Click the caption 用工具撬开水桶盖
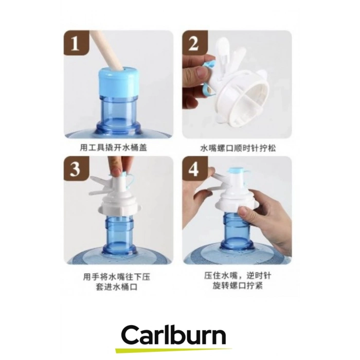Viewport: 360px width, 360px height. pos(114,147)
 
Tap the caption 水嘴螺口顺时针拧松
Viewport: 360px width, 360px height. pos(238,148)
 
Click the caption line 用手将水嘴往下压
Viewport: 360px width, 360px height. pos(117,277)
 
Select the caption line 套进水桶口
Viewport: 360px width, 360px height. pos(117,287)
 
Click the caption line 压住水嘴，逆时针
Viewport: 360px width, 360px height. pos(238,275)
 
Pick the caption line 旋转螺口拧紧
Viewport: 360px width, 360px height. pos(238,285)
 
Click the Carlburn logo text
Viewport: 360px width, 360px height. pos(174,336)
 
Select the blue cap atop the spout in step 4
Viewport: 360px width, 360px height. pos(237,171)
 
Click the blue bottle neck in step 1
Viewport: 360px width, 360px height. pos(118,110)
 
